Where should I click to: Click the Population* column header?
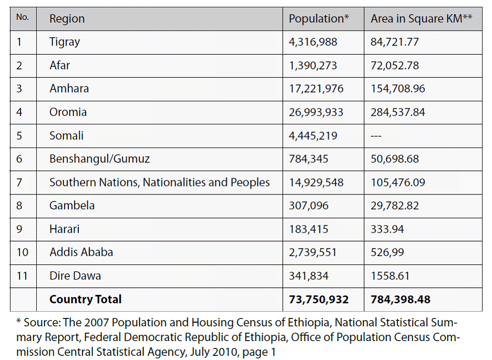click(x=319, y=19)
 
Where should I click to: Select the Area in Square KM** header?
click(x=422, y=19)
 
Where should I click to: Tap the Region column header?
click(x=67, y=19)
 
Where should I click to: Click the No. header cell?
click(x=23, y=17)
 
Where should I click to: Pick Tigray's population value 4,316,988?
click(x=313, y=42)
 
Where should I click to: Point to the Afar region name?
click(x=59, y=66)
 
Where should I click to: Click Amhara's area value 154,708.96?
click(x=398, y=89)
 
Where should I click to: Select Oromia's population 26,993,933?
click(x=316, y=112)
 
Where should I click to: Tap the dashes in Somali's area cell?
click(x=376, y=136)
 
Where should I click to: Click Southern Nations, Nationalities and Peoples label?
click(x=159, y=182)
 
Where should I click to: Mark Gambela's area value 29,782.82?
click(x=395, y=205)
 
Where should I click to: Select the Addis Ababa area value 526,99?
click(x=387, y=252)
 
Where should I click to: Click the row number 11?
click(x=22, y=276)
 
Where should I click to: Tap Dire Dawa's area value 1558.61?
click(x=390, y=276)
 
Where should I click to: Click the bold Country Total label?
click(x=85, y=300)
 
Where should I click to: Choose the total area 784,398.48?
click(x=401, y=300)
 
